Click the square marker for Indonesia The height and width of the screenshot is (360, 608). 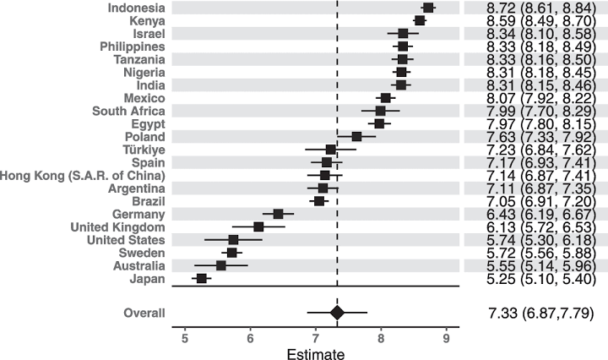pyautogui.click(x=428, y=8)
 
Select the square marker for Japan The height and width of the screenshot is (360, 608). pyautogui.click(x=201, y=278)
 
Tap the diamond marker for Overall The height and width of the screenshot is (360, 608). pyautogui.click(x=337, y=313)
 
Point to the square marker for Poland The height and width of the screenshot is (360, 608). pyautogui.click(x=356, y=136)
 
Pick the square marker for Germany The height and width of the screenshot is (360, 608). pyautogui.click(x=278, y=214)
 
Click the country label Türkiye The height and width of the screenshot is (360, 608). pyautogui.click(x=142, y=149)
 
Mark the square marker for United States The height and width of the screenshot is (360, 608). pyautogui.click(x=233, y=239)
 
